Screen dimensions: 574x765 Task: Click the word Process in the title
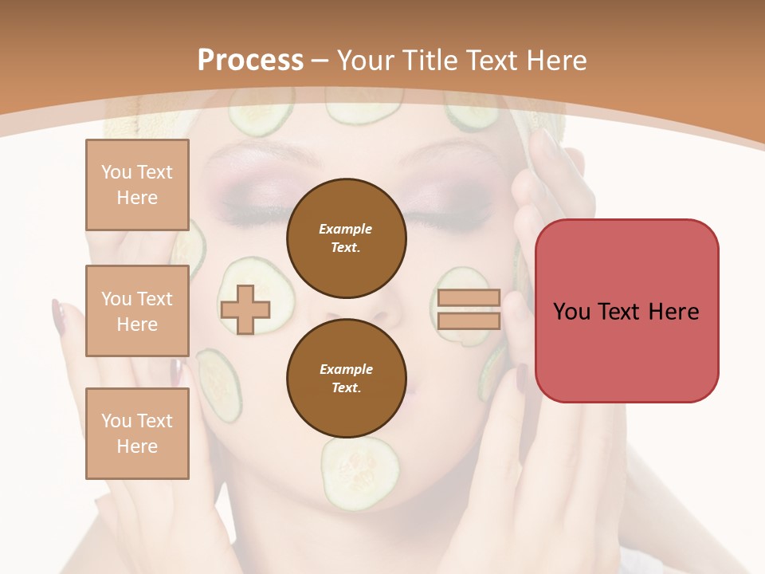[250, 61]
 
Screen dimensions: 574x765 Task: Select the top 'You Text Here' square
[137, 185]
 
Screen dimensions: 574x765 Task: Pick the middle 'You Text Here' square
[137, 311]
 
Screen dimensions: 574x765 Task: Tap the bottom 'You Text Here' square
[137, 434]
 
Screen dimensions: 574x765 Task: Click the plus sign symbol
[245, 310]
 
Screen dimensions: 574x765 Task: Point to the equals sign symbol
[469, 309]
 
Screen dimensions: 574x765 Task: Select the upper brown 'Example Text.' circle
[346, 238]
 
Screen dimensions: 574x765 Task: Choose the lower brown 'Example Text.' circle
[346, 378]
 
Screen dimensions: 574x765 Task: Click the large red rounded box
[626, 311]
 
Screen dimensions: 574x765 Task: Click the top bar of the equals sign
[469, 298]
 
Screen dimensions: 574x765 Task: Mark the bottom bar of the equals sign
[469, 320]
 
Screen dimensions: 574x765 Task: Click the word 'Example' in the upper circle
[346, 229]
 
